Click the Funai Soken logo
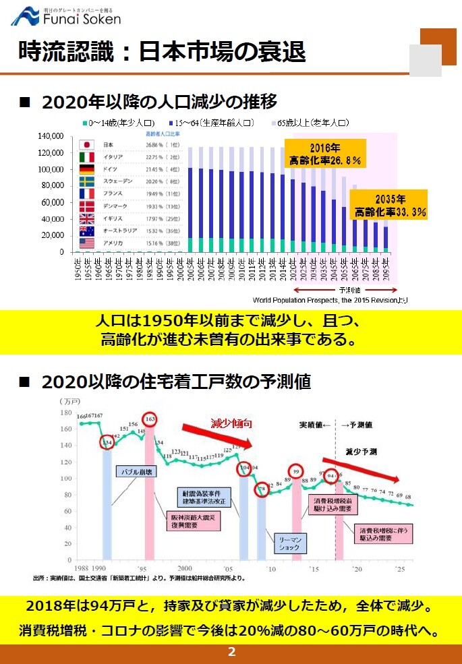pyautogui.click(x=65, y=16)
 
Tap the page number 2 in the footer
pyautogui.click(x=231, y=652)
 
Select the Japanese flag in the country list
pyautogui.click(x=86, y=145)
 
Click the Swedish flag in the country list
pyautogui.click(x=86, y=181)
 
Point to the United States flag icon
pyautogui.click(x=86, y=243)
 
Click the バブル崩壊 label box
pyautogui.click(x=138, y=471)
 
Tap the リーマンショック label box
pyautogui.click(x=290, y=544)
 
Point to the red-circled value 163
pyautogui.click(x=150, y=419)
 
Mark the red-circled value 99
pyautogui.click(x=295, y=471)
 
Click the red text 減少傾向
pyautogui.click(x=231, y=424)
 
